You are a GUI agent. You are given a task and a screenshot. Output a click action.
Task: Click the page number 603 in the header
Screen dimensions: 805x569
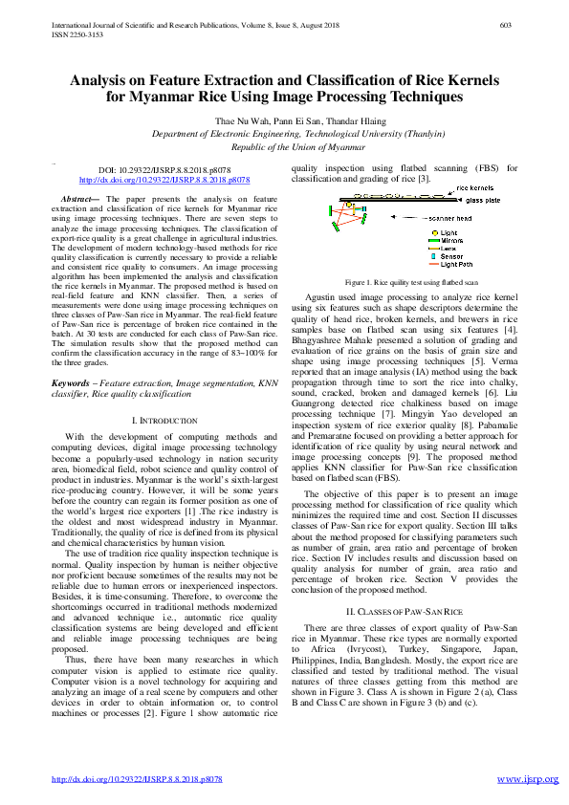(508, 25)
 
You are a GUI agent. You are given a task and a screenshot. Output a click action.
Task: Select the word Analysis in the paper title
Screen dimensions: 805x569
(105, 82)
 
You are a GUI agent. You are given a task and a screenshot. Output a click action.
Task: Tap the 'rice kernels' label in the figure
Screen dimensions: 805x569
(477, 188)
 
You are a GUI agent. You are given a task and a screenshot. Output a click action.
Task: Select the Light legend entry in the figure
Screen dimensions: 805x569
(448, 233)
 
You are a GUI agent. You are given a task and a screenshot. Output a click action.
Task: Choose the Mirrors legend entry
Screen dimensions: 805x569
(451, 241)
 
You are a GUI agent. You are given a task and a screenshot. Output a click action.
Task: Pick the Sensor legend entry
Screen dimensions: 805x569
(451, 256)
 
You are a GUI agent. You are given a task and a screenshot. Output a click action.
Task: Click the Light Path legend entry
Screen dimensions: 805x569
(456, 265)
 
